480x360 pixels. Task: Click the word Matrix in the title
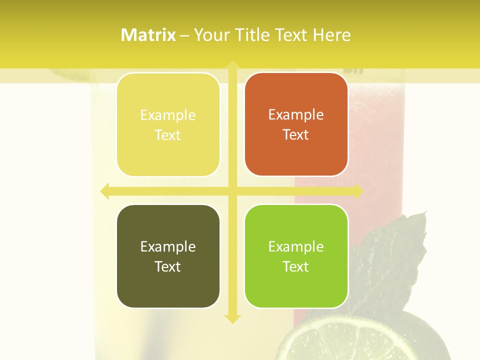148,35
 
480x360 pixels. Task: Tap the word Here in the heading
331,35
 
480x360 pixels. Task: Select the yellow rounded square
168,124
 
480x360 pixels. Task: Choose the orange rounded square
296,124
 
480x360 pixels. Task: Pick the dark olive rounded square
168,256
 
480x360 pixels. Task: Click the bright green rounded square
296,256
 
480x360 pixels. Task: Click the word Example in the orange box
296,115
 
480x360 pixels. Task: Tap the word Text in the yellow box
168,135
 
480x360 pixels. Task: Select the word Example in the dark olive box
168,246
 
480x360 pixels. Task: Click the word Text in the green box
296,266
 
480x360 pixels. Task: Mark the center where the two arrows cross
232,191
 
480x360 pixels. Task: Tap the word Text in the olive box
168,266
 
